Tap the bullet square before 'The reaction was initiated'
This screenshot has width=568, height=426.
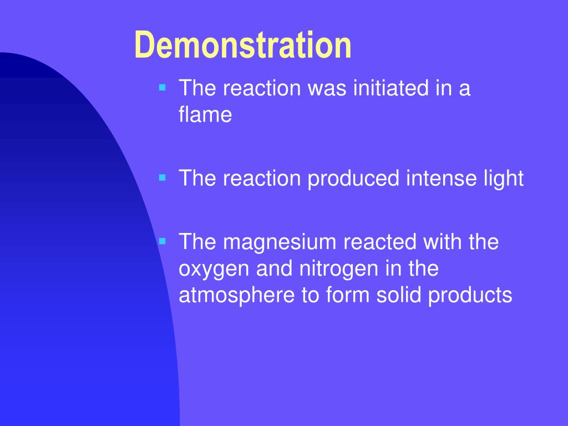tap(163, 87)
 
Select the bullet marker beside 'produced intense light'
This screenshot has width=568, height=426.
tap(163, 178)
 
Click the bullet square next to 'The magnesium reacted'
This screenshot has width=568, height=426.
tap(163, 241)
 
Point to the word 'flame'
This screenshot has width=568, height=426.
tap(205, 115)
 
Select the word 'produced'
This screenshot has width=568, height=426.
tap(354, 179)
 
